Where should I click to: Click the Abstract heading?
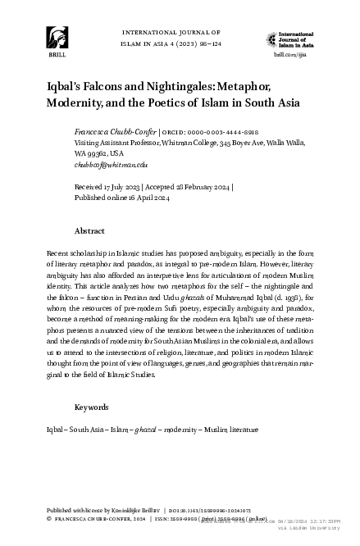pyautogui.click(x=89, y=231)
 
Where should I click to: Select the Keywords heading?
pyautogui.click(x=93, y=407)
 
